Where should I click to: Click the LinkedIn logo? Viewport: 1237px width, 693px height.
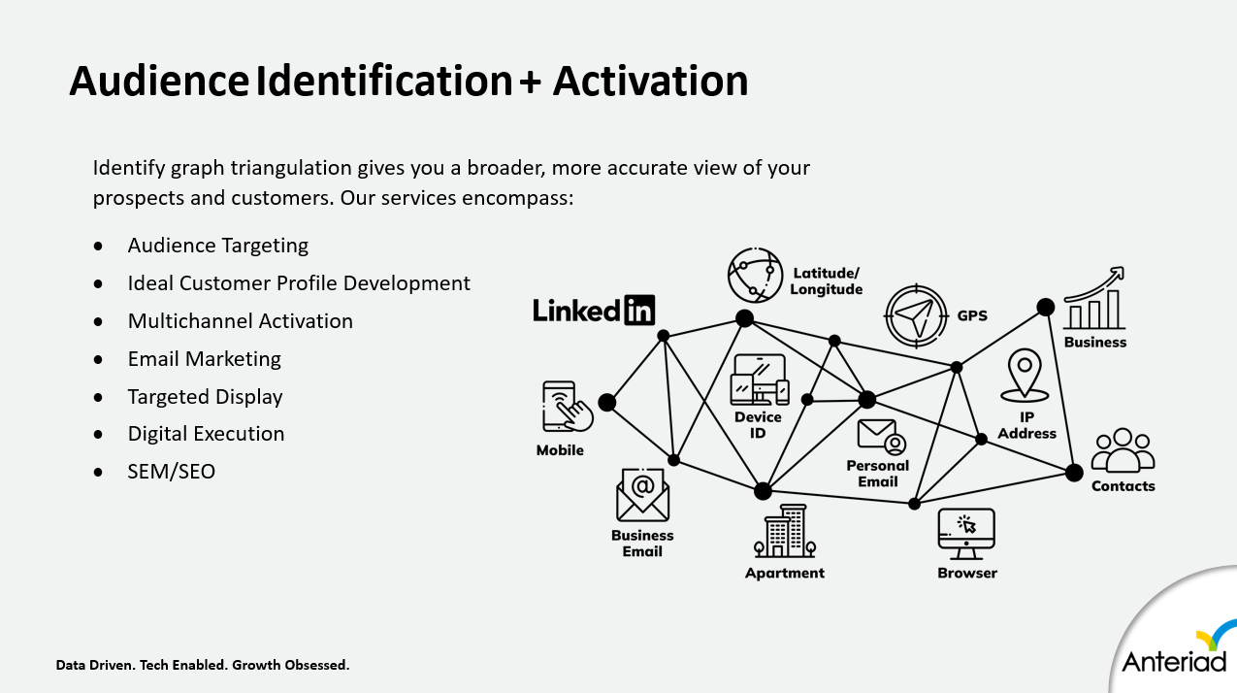click(x=594, y=310)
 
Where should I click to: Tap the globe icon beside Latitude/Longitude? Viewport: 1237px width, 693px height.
click(x=755, y=275)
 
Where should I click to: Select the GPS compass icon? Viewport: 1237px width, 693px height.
click(x=915, y=315)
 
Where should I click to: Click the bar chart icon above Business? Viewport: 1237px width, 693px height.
click(x=1095, y=300)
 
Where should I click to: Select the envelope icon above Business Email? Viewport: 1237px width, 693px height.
click(x=642, y=494)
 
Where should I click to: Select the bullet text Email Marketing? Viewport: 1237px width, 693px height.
click(x=205, y=359)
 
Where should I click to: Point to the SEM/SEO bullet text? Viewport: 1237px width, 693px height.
click(x=172, y=472)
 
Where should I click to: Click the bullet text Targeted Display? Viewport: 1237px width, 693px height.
click(x=206, y=397)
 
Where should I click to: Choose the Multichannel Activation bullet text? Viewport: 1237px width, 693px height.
click(x=241, y=321)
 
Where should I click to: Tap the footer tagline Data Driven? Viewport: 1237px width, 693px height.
click(x=96, y=665)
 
